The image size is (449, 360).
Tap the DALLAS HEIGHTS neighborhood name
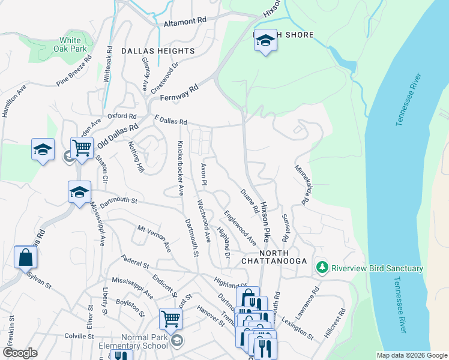click(x=158, y=52)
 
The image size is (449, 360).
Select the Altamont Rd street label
click(x=185, y=20)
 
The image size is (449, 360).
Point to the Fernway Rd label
click(x=178, y=92)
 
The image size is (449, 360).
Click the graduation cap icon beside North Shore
click(x=265, y=41)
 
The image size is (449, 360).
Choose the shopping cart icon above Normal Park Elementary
click(x=170, y=319)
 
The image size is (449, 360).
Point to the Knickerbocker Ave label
click(x=179, y=168)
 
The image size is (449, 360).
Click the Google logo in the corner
click(x=20, y=353)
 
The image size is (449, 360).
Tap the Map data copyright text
click(x=411, y=355)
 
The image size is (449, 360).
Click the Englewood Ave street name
click(x=240, y=227)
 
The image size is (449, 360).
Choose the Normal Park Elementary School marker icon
click(x=176, y=341)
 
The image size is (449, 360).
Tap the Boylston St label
click(x=131, y=308)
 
